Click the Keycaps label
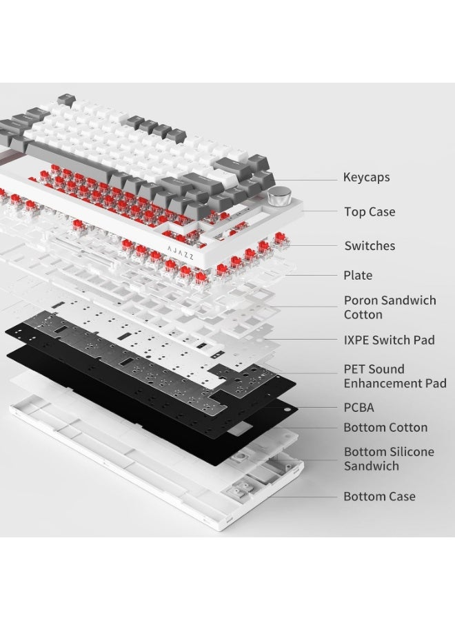(366, 178)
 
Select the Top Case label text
(370, 212)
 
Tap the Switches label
(370, 245)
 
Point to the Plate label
(358, 275)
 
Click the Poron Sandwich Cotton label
(390, 307)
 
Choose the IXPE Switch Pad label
(389, 340)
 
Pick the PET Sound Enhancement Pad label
(395, 376)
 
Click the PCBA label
(358, 408)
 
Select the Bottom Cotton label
(385, 427)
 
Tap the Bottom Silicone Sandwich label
(389, 459)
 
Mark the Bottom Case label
(379, 496)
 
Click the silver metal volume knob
(279, 196)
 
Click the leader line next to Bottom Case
(303, 497)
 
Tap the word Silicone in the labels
(411, 451)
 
